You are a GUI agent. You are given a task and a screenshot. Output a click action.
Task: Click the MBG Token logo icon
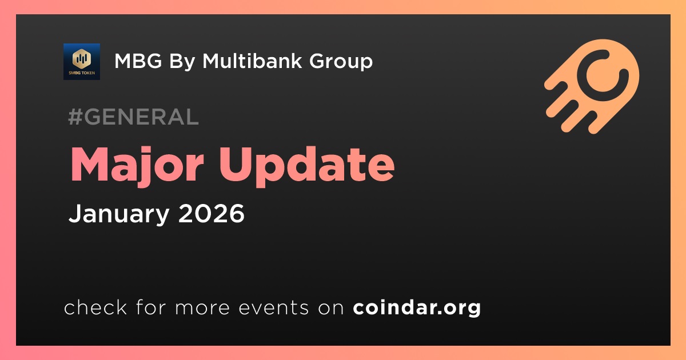coord(81,62)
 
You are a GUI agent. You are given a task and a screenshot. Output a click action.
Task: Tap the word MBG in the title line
coord(138,61)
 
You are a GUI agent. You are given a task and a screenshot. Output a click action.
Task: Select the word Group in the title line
coord(341,62)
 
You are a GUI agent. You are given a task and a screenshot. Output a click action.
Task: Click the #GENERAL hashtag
coord(134,117)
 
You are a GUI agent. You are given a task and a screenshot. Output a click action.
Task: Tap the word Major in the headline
coord(137,166)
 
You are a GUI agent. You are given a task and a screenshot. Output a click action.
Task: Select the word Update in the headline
coord(306,166)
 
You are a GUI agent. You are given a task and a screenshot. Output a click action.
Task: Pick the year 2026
coord(212,213)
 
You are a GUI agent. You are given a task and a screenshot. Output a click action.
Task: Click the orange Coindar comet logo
coord(592,86)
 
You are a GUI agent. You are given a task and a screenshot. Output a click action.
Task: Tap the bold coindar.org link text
coord(417,308)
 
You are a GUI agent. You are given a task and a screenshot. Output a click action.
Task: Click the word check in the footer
coord(95,307)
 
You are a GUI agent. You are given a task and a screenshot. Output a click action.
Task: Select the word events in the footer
coord(273,307)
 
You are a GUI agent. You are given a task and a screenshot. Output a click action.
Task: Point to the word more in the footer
coord(202,308)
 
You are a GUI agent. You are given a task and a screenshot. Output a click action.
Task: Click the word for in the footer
coord(151,307)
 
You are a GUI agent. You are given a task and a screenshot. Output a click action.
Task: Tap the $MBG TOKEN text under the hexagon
coord(82,73)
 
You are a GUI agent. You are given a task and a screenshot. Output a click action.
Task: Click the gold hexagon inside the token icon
coord(82,58)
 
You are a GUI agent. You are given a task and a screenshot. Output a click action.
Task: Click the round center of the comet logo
coord(602,75)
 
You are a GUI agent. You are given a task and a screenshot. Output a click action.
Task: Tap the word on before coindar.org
coord(331,308)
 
